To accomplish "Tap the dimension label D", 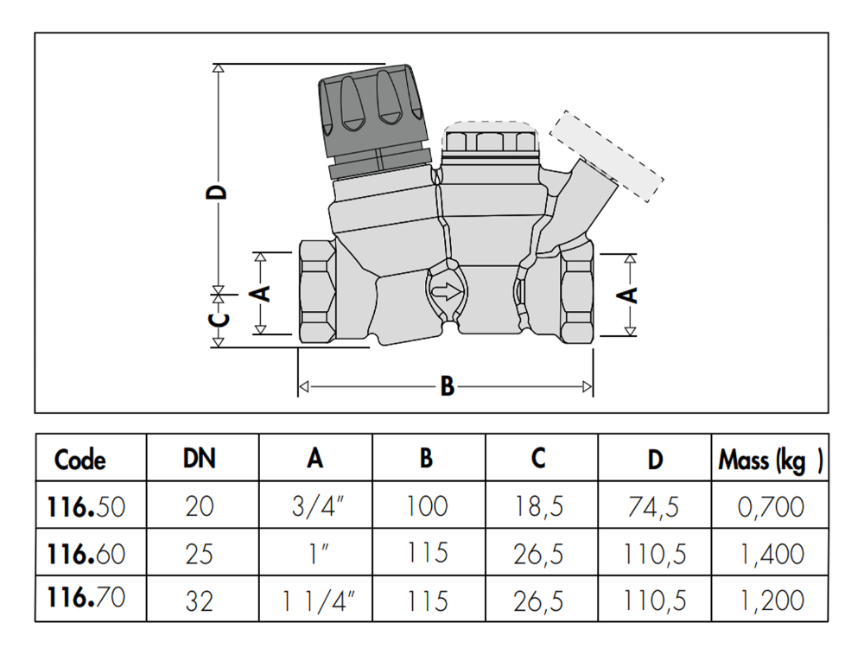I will click(x=220, y=190).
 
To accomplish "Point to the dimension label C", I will click(x=220, y=320).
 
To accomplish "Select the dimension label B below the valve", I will click(x=447, y=386).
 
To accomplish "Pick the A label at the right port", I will click(x=631, y=294).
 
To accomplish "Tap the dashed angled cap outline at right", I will click(x=607, y=156).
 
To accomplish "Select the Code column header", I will click(x=80, y=459).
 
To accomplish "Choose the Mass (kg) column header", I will click(x=770, y=460).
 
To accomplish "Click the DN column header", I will click(x=200, y=459).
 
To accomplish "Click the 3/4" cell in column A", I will click(x=315, y=506).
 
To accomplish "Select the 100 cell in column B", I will click(x=427, y=506).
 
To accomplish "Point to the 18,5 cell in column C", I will click(x=538, y=506).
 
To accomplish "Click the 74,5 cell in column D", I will click(x=655, y=506).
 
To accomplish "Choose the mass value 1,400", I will click(x=771, y=553).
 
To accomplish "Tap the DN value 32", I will click(x=200, y=600).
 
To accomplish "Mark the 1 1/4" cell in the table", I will click(x=315, y=600).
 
